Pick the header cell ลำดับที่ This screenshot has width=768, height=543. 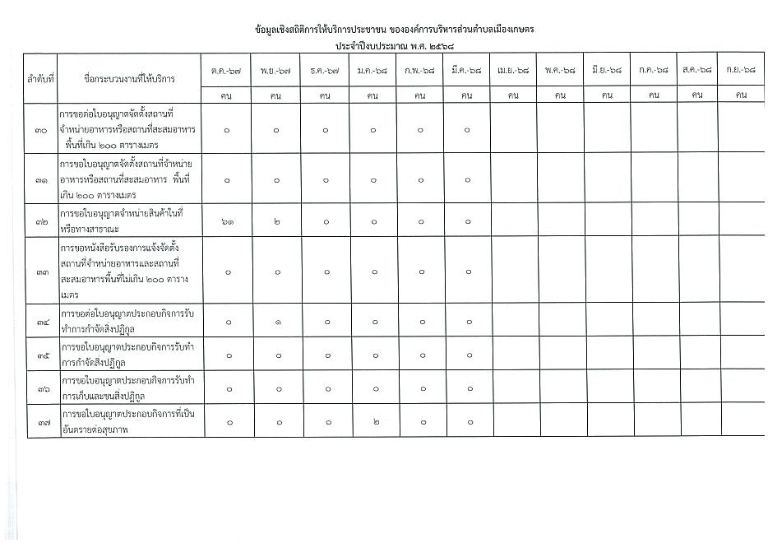[x=40, y=79]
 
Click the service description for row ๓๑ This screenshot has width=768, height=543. [x=130, y=179]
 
